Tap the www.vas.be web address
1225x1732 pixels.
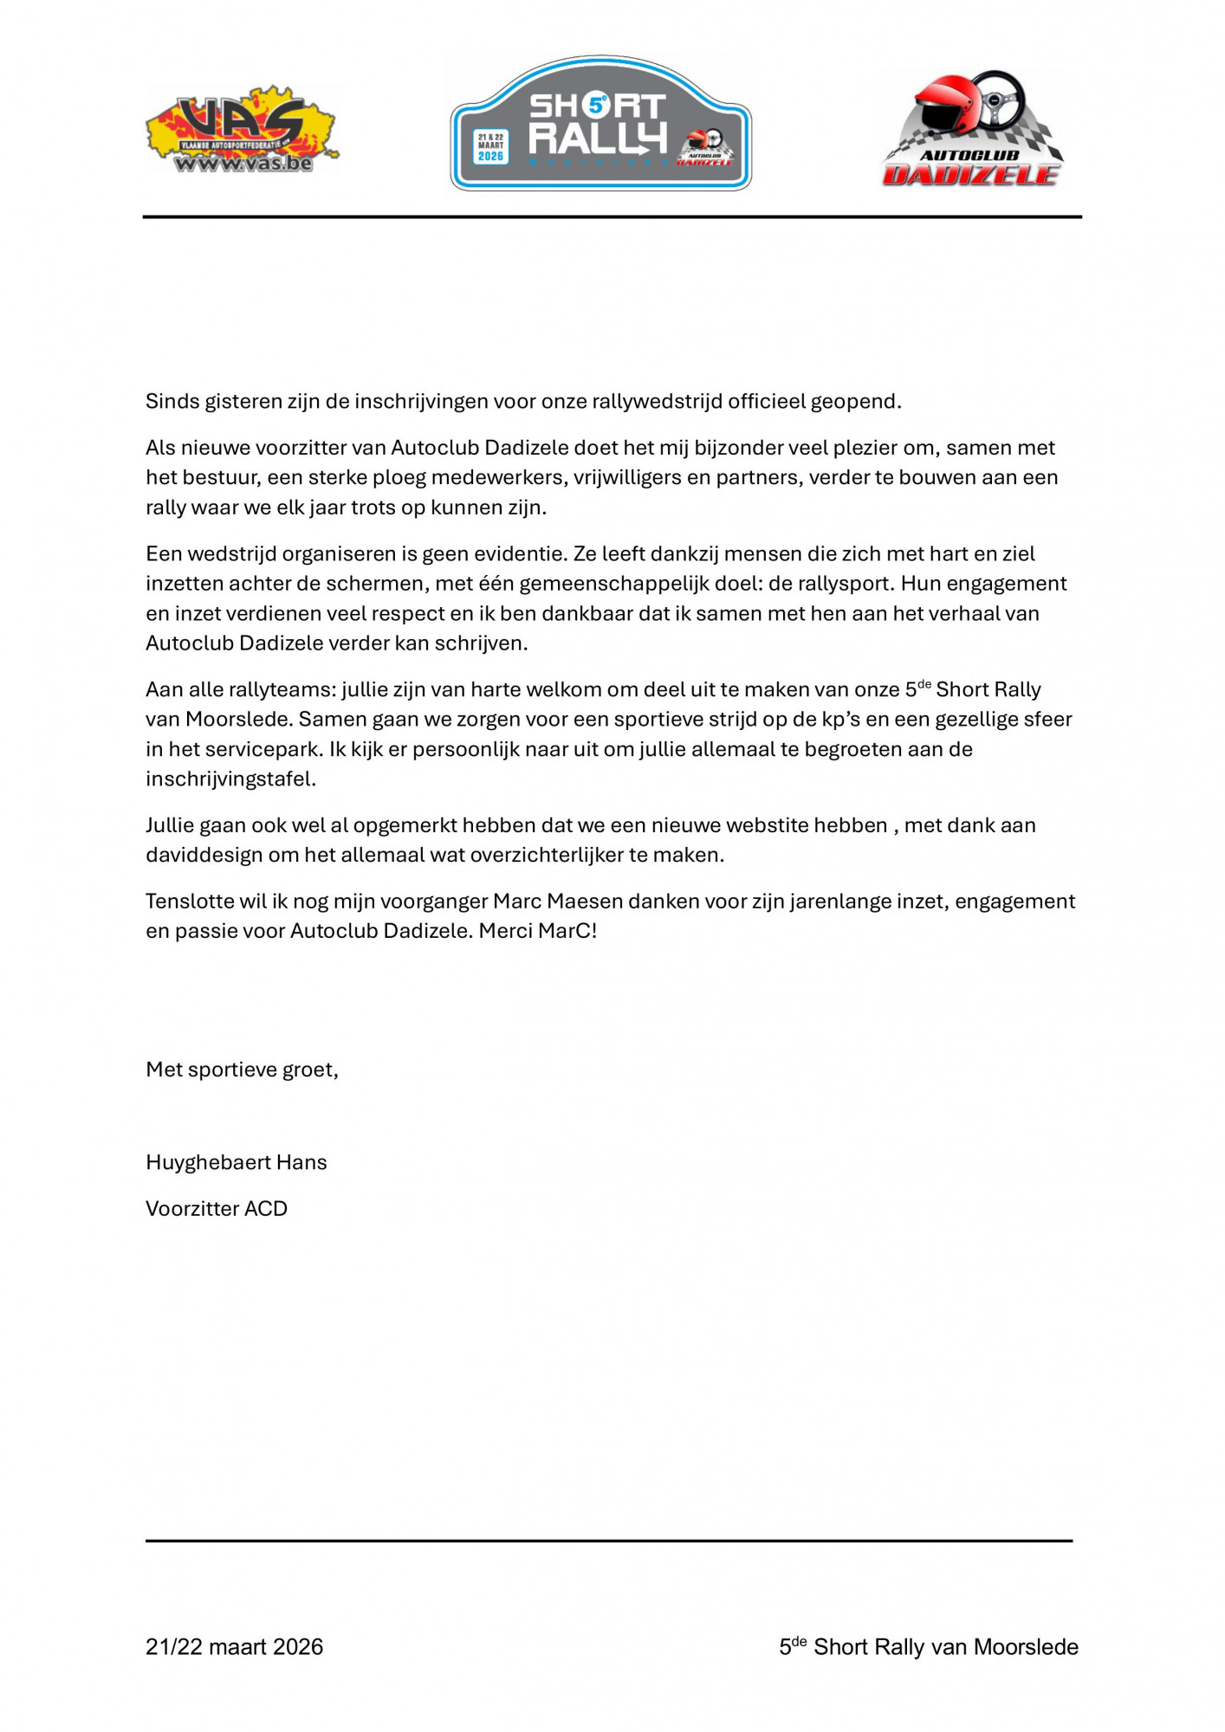(x=243, y=163)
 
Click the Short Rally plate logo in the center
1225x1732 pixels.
(x=600, y=124)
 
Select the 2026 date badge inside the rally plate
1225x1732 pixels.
(x=490, y=146)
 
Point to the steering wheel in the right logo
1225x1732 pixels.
(x=997, y=101)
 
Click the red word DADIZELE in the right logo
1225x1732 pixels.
(x=971, y=175)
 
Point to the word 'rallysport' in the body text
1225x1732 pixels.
(x=839, y=584)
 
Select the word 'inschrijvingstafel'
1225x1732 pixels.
(x=230, y=779)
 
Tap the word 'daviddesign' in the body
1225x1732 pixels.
(x=204, y=856)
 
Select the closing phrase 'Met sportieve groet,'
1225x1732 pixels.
(x=242, y=1070)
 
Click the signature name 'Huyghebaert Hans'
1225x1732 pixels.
(x=236, y=1163)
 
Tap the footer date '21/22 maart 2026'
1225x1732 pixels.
(x=234, y=1647)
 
